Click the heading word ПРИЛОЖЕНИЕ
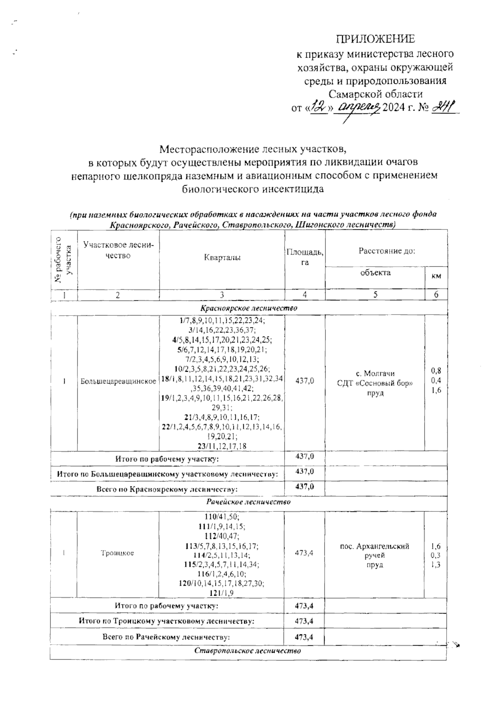[x=375, y=39]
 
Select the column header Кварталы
[x=222, y=258]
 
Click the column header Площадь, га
[x=305, y=257]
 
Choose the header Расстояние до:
[x=387, y=251]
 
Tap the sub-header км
[x=436, y=276]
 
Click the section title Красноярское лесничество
[x=249, y=308]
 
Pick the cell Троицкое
[x=117, y=553]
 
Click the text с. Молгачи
[x=375, y=373]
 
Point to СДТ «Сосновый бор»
[x=375, y=383]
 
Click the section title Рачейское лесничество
[x=249, y=502]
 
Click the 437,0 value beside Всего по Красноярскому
[x=304, y=487]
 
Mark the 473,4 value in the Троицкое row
[x=304, y=553]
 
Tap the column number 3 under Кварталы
[x=222, y=294]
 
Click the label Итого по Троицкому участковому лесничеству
[x=167, y=621]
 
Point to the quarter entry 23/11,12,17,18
[x=222, y=446]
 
